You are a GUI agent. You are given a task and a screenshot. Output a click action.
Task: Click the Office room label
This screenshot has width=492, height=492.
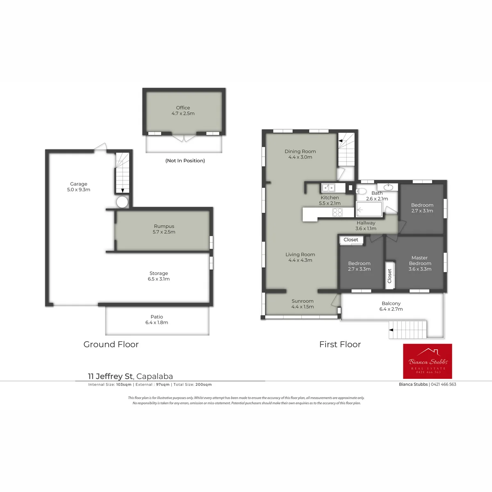pyautogui.click(x=183, y=111)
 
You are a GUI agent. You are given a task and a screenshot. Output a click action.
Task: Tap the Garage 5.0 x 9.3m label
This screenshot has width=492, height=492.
pyautogui.click(x=79, y=187)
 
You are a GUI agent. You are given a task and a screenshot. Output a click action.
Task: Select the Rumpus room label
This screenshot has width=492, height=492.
pyautogui.click(x=164, y=229)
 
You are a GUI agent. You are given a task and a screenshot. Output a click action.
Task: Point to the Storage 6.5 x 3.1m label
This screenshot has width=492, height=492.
pyautogui.click(x=159, y=276)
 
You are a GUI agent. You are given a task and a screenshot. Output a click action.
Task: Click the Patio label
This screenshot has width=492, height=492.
pyautogui.click(x=157, y=319)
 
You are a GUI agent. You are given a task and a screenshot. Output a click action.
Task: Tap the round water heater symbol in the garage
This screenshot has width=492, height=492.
pyautogui.click(x=122, y=202)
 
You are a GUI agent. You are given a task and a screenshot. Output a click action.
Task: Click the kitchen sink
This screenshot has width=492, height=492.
pyautogui.click(x=328, y=188)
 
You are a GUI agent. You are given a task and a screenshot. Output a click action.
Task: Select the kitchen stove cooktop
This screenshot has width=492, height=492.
pyautogui.click(x=337, y=212)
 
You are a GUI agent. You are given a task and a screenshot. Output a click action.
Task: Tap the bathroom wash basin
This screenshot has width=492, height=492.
pyautogui.click(x=388, y=187)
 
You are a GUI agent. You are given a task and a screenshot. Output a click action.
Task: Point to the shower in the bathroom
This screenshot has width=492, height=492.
pyautogui.click(x=369, y=209)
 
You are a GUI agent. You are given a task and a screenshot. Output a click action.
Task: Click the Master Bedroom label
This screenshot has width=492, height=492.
pyautogui.click(x=420, y=263)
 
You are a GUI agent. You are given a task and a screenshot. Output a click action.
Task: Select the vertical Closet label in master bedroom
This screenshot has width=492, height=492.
pyautogui.click(x=389, y=276)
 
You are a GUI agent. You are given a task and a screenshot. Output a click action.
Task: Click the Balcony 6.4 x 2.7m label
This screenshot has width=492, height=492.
pyautogui.click(x=391, y=306)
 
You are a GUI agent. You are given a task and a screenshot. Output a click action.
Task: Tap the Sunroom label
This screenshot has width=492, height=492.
pyautogui.click(x=303, y=304)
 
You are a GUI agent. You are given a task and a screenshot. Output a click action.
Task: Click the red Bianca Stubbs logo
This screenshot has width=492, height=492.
pyautogui.click(x=427, y=361)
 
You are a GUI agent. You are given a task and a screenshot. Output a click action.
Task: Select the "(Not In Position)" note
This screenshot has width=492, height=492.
pyautogui.click(x=185, y=161)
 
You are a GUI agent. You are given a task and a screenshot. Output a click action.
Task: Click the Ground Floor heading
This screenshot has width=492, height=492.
pyautogui.click(x=111, y=344)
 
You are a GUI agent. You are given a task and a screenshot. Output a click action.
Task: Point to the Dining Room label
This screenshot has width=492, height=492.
pyautogui.click(x=300, y=154)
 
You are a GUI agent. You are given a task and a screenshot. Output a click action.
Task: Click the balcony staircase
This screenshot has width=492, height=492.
pyautogui.click(x=408, y=330)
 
